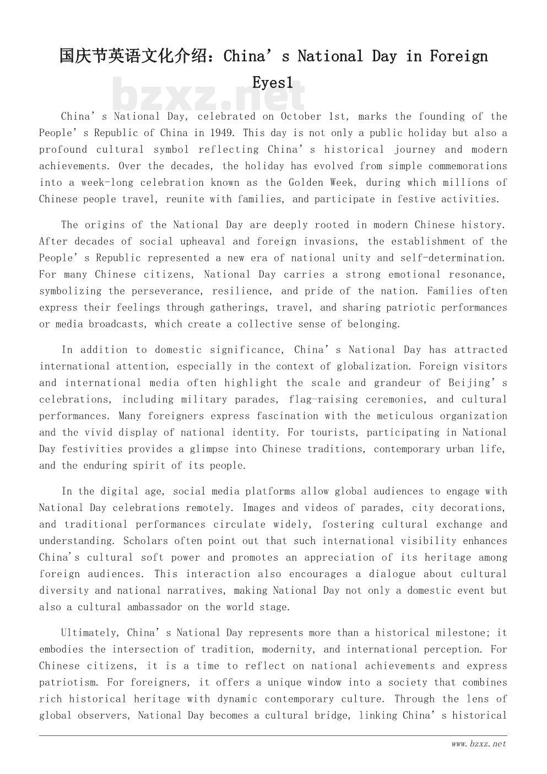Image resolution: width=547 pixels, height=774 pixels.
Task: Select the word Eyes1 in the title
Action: pyautogui.click(x=273, y=83)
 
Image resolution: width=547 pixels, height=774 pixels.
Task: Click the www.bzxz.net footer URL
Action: pyautogui.click(x=478, y=744)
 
